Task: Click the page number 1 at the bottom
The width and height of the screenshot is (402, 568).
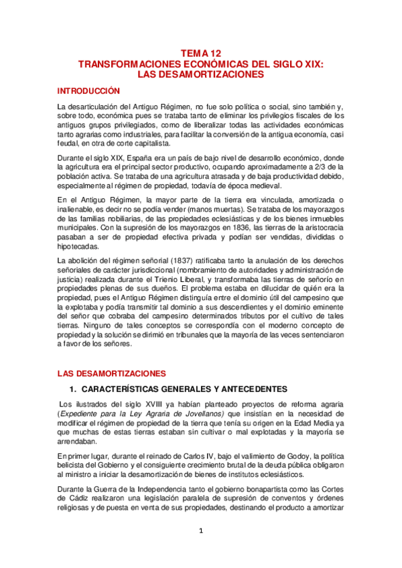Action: tap(201, 531)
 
